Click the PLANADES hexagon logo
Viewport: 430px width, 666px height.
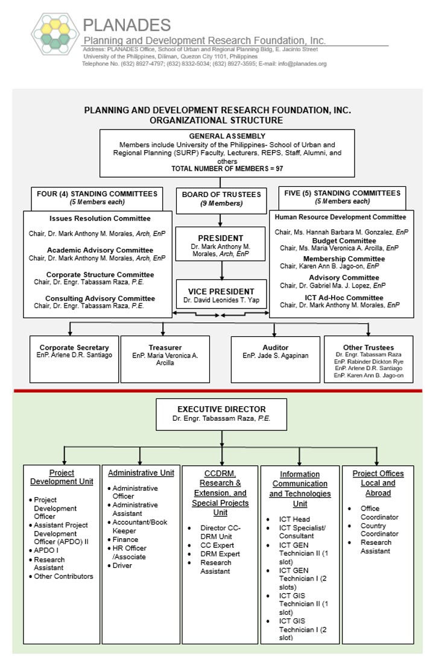55,38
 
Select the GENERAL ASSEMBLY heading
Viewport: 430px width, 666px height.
227,136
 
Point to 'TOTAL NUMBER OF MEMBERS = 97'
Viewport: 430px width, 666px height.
227,169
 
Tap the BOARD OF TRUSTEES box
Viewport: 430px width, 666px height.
221,198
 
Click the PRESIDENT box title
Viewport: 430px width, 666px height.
221,238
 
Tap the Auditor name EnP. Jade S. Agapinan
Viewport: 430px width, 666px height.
275,356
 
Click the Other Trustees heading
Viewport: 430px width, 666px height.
368,347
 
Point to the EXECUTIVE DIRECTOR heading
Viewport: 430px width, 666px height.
221,409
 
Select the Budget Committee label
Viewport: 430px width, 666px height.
344,240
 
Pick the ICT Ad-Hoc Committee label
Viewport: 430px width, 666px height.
344,298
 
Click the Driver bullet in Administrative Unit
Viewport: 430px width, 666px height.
122,565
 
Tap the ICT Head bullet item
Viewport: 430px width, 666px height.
294,519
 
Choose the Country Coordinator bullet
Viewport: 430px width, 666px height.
379,530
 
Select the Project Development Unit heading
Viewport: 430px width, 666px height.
62,477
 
